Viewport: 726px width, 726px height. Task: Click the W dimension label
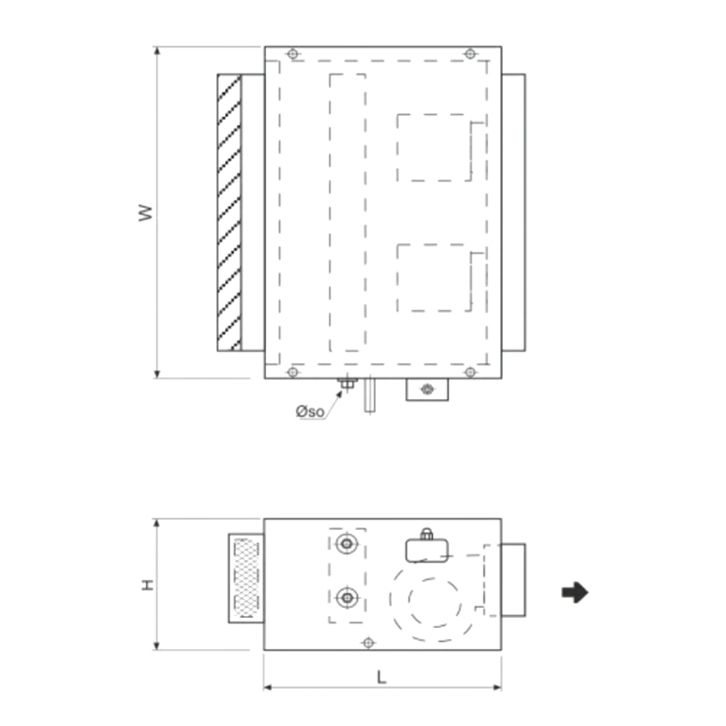click(145, 212)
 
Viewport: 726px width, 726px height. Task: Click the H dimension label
click(147, 584)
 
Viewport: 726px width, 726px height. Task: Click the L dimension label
click(381, 678)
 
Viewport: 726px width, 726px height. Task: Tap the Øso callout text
click(309, 411)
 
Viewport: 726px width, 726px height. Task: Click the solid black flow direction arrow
click(575, 593)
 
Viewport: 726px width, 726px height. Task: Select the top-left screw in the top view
click(292, 54)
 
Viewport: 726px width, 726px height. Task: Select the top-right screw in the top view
click(470, 54)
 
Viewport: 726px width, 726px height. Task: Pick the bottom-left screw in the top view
click(292, 372)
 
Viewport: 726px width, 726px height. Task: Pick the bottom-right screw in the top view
click(470, 372)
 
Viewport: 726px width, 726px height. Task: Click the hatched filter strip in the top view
click(230, 212)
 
